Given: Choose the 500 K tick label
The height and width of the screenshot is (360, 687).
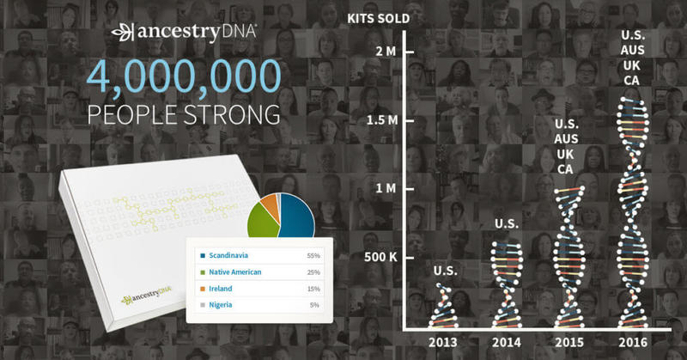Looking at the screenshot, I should [x=380, y=257].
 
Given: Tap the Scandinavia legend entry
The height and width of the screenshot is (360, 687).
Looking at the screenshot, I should [x=234, y=255].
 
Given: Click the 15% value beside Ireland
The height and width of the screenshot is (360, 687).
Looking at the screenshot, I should [x=315, y=288].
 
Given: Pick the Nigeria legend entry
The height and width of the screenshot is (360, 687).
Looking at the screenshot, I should [x=226, y=304].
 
